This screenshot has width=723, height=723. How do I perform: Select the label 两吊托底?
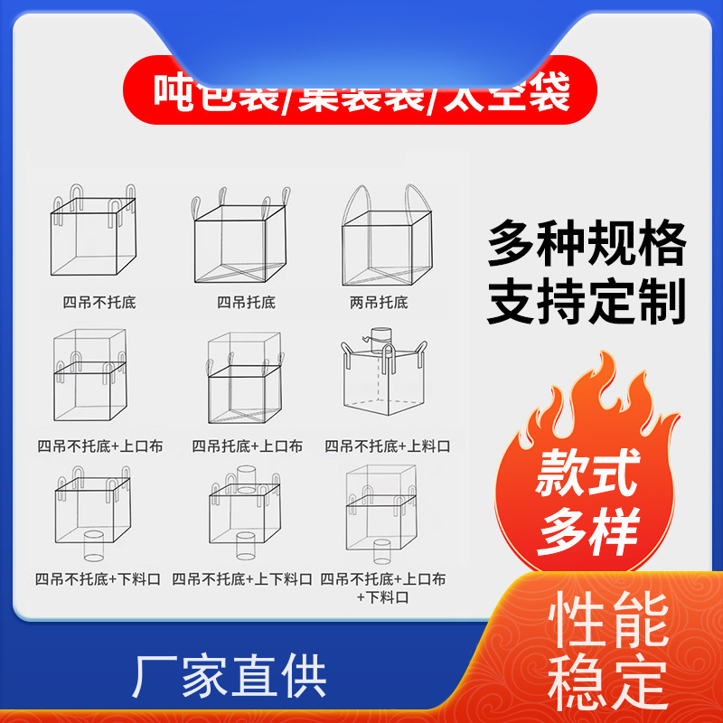pyautogui.click(x=380, y=301)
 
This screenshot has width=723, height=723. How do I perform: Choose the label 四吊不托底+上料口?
pyautogui.click(x=387, y=446)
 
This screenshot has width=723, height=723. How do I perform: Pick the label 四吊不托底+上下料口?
pyautogui.click(x=242, y=578)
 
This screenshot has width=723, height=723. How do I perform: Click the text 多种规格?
pyautogui.click(x=587, y=244)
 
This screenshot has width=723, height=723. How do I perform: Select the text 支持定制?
pyautogui.click(x=587, y=304)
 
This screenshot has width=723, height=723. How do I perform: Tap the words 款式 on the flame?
pyautogui.click(x=588, y=473)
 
